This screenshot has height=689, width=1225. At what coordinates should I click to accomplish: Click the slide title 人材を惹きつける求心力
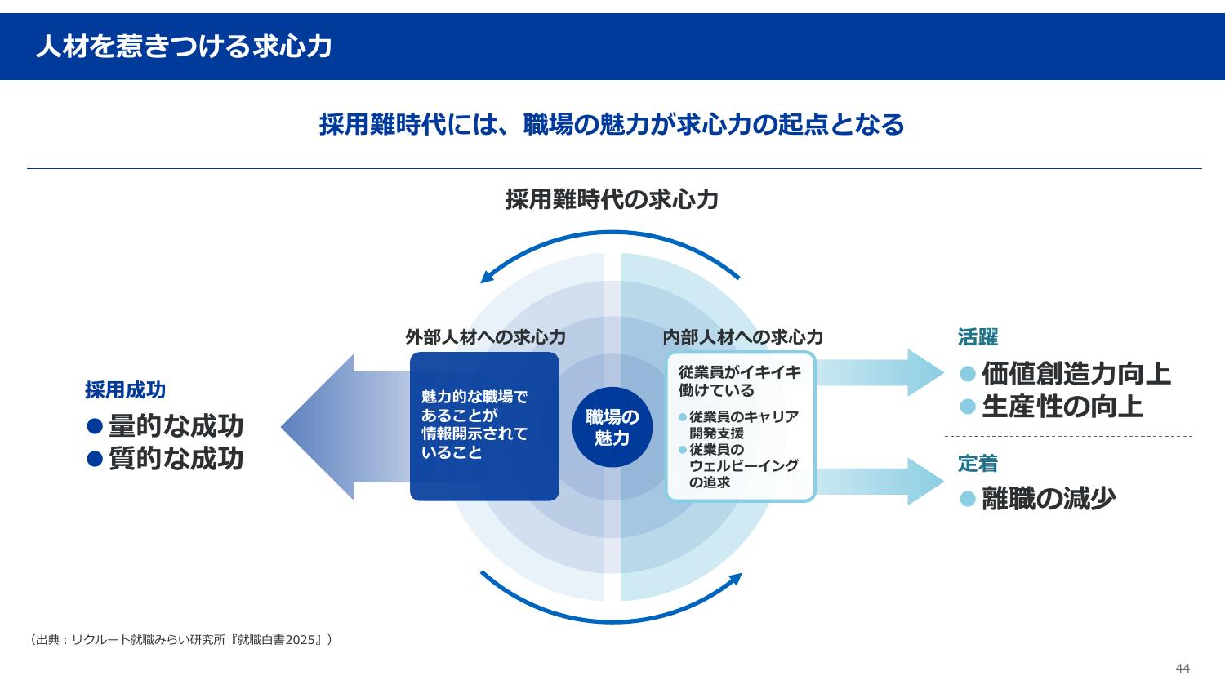[x=184, y=47]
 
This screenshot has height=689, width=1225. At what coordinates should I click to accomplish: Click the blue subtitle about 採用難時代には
[x=612, y=125]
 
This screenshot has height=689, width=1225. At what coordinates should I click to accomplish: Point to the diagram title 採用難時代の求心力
[x=612, y=199]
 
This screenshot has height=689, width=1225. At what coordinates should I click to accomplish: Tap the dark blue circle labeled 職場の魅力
[x=612, y=427]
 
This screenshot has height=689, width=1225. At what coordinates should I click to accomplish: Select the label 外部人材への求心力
[x=485, y=337]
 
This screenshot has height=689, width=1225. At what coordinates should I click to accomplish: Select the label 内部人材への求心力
[x=742, y=337]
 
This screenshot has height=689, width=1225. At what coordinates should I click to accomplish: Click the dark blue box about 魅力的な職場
[x=483, y=426]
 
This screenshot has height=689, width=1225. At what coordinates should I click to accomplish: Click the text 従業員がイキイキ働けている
[x=739, y=380]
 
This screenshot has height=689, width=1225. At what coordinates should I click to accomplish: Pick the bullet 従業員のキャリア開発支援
[x=743, y=425]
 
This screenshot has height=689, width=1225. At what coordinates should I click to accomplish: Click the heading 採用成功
[x=125, y=390]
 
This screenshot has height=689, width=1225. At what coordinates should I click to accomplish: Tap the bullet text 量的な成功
[x=176, y=426]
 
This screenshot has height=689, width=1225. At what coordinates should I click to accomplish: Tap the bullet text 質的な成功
[x=176, y=459]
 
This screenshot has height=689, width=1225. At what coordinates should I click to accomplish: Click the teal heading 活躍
[x=978, y=337]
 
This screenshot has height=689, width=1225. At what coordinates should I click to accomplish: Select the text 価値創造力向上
[x=1076, y=374]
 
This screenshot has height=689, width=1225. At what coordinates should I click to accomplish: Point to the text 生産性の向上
[x=1062, y=407]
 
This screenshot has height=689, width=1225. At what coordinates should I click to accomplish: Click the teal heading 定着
[x=978, y=464]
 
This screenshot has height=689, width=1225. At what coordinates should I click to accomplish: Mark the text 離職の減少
[x=1049, y=498]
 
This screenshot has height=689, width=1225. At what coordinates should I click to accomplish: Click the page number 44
[x=1182, y=669]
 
